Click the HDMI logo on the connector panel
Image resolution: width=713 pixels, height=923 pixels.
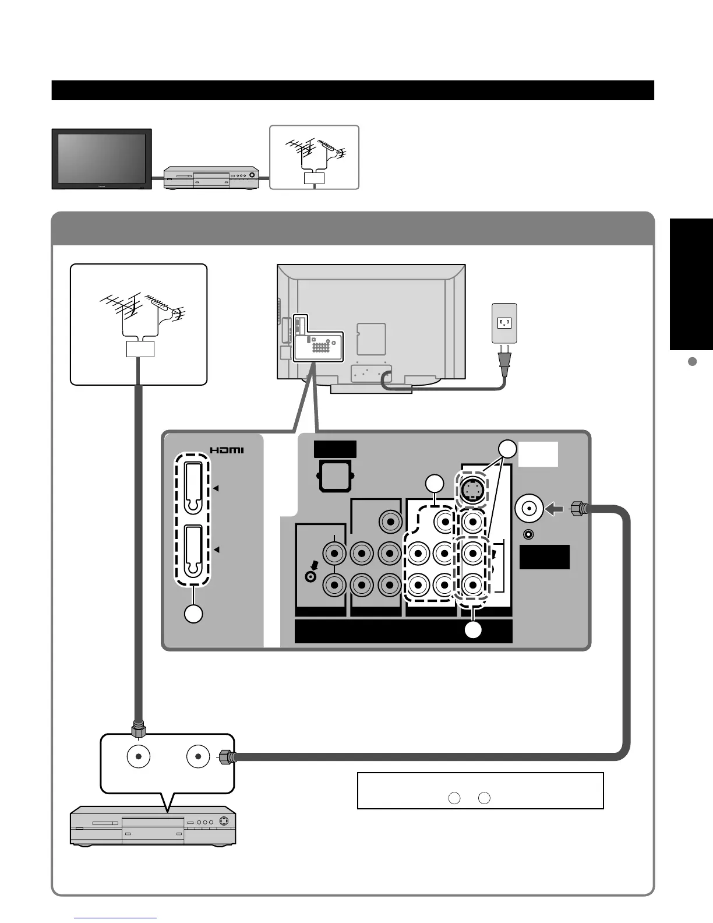click(x=227, y=450)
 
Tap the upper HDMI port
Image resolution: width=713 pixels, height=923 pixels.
click(x=194, y=488)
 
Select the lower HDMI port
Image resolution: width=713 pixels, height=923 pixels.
click(x=194, y=550)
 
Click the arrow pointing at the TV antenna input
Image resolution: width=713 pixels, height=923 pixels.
click(x=554, y=510)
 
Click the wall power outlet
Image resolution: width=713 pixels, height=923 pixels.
click(x=504, y=323)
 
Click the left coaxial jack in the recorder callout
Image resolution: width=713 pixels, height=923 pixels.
click(x=139, y=757)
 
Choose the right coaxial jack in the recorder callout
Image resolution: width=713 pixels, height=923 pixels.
click(x=198, y=757)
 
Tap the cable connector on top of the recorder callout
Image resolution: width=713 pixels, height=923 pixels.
click(x=139, y=730)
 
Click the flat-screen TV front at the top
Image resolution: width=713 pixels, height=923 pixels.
click(x=101, y=158)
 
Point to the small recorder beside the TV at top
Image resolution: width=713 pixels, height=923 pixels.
click(x=211, y=177)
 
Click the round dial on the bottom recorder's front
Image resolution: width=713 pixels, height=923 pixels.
click(x=222, y=821)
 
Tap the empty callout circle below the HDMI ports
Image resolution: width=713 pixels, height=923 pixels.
click(x=193, y=614)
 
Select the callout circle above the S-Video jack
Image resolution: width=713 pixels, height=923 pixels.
click(x=507, y=449)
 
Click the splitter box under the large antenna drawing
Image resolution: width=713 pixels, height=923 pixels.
click(x=140, y=349)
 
